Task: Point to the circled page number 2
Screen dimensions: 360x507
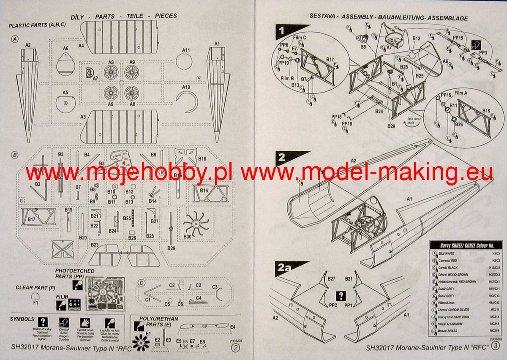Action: pos(235,347)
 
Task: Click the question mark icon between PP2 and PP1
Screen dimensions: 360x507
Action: pos(341,296)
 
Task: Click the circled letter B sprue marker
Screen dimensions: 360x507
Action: pos(15,155)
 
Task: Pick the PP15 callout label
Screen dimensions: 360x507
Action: pos(458,38)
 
